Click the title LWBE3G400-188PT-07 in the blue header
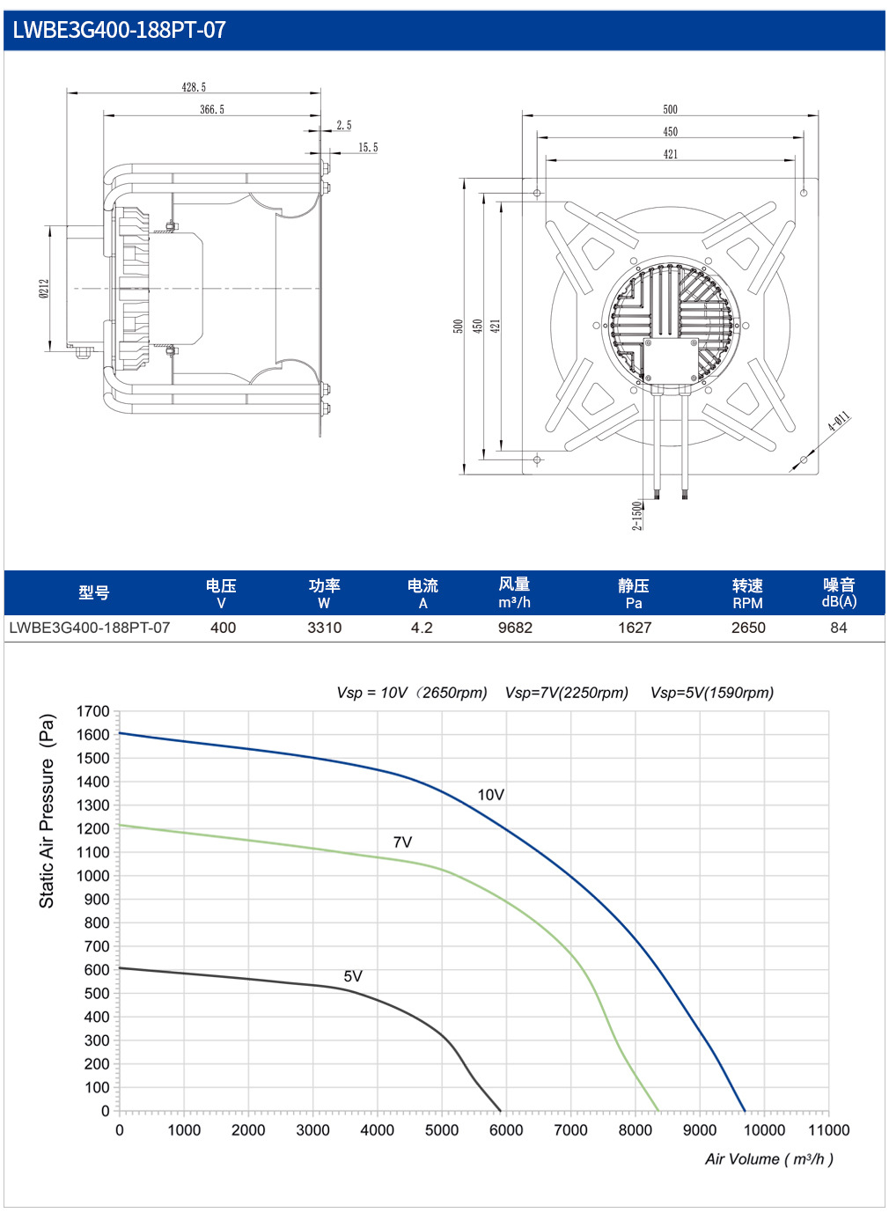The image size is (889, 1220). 119,30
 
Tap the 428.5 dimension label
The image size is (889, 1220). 194,87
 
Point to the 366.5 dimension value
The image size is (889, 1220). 212,109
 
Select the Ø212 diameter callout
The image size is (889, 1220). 45,289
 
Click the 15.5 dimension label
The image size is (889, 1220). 368,148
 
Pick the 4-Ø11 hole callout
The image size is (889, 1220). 839,423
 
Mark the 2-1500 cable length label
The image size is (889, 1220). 636,515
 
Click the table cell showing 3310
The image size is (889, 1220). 325,628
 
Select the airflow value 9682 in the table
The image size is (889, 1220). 515,628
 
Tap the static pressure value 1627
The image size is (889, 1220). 635,628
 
